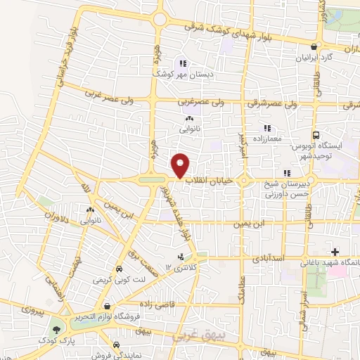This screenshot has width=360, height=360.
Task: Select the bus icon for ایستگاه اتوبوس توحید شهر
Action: [x=315, y=135]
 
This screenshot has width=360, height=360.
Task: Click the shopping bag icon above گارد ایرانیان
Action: [x=323, y=47]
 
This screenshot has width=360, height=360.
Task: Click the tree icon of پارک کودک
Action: [x=56, y=330]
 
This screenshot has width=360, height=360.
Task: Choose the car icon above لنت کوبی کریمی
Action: [x=119, y=269]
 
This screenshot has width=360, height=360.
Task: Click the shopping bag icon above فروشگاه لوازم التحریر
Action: [x=106, y=306]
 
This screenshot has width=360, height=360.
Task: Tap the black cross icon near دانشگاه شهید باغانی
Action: [x=335, y=252]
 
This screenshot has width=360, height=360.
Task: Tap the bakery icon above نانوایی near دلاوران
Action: [x=90, y=209]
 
